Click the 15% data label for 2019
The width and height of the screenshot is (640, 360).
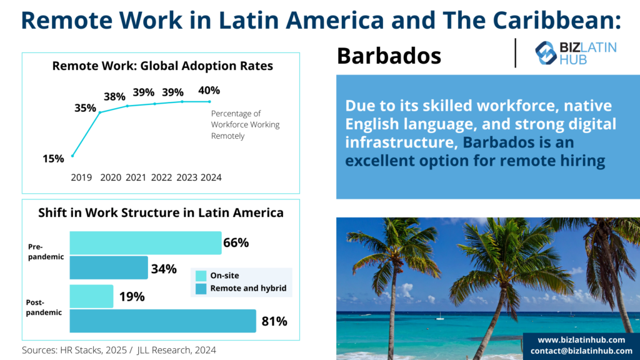coord(54,159)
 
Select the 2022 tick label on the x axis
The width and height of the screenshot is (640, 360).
coord(161,177)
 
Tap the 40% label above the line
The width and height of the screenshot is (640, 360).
coord(209,90)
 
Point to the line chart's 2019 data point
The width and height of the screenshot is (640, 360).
coord(72,156)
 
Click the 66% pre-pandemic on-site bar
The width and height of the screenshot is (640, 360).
coord(145,243)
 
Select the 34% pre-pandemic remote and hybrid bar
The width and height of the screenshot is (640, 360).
coord(109,267)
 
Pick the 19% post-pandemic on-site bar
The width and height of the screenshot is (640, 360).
coord(91,296)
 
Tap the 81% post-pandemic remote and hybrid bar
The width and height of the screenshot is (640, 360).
coord(163,321)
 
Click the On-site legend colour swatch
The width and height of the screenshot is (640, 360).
coord(201,276)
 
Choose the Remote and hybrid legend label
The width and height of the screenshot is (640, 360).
coord(248,288)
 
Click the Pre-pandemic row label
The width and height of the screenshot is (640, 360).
coord(46,251)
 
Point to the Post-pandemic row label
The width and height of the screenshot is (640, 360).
coord(44,307)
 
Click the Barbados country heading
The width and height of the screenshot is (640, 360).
coord(389,56)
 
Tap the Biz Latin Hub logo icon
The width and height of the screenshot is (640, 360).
coord(546,53)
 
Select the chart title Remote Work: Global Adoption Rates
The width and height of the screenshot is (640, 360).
coord(162,66)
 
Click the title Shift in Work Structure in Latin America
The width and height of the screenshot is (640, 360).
coord(161,212)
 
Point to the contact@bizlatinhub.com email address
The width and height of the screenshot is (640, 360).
coord(581,351)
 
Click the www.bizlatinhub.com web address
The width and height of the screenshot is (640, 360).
coord(581,340)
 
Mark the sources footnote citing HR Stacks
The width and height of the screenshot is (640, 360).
coord(119,350)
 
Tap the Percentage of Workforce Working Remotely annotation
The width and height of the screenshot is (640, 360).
coord(245,124)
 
